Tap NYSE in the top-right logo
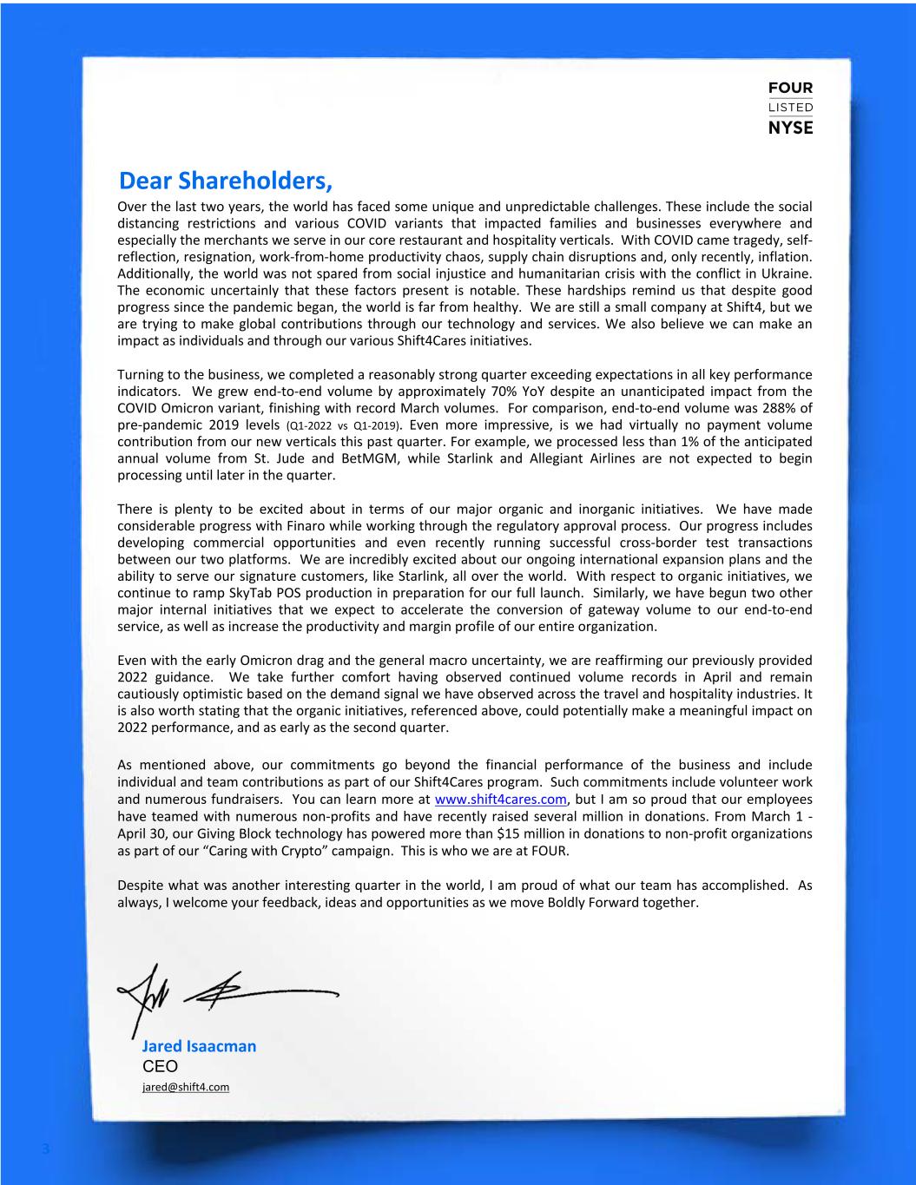[x=790, y=128]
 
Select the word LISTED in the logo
[x=790, y=108]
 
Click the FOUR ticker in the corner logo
[x=790, y=89]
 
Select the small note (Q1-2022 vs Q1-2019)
[x=344, y=426]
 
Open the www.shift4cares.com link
[x=500, y=800]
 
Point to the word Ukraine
[x=786, y=274]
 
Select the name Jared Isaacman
[x=199, y=1046]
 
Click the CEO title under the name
[x=159, y=1066]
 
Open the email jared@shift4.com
[x=185, y=1087]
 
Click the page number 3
[x=46, y=1150]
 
